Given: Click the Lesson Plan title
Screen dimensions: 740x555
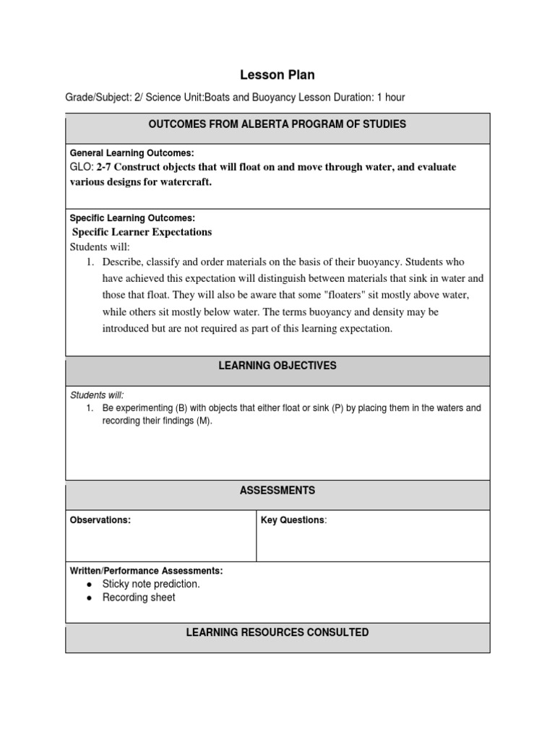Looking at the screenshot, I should click(x=277, y=74).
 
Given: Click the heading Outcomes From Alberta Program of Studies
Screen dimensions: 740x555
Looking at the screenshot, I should click(x=277, y=124).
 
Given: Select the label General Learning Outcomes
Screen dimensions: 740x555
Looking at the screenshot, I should click(x=132, y=153).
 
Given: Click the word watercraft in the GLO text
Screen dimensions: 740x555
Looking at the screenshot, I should click(x=186, y=181).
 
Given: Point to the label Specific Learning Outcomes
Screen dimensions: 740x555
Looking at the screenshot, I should click(x=132, y=218).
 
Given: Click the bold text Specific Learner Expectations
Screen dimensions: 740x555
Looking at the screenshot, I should click(x=142, y=232).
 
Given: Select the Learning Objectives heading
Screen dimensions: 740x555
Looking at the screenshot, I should click(x=277, y=366).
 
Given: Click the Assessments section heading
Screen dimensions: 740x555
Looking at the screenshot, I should click(x=277, y=491).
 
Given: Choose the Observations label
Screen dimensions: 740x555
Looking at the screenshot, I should click(x=100, y=520).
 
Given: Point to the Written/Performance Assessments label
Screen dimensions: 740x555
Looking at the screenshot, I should click(x=146, y=571).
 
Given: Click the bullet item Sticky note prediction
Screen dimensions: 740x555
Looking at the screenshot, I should click(x=151, y=584).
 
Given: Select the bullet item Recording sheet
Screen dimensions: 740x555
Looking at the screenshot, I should click(x=139, y=598).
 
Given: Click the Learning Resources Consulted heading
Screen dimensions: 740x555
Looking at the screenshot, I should click(x=277, y=632).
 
